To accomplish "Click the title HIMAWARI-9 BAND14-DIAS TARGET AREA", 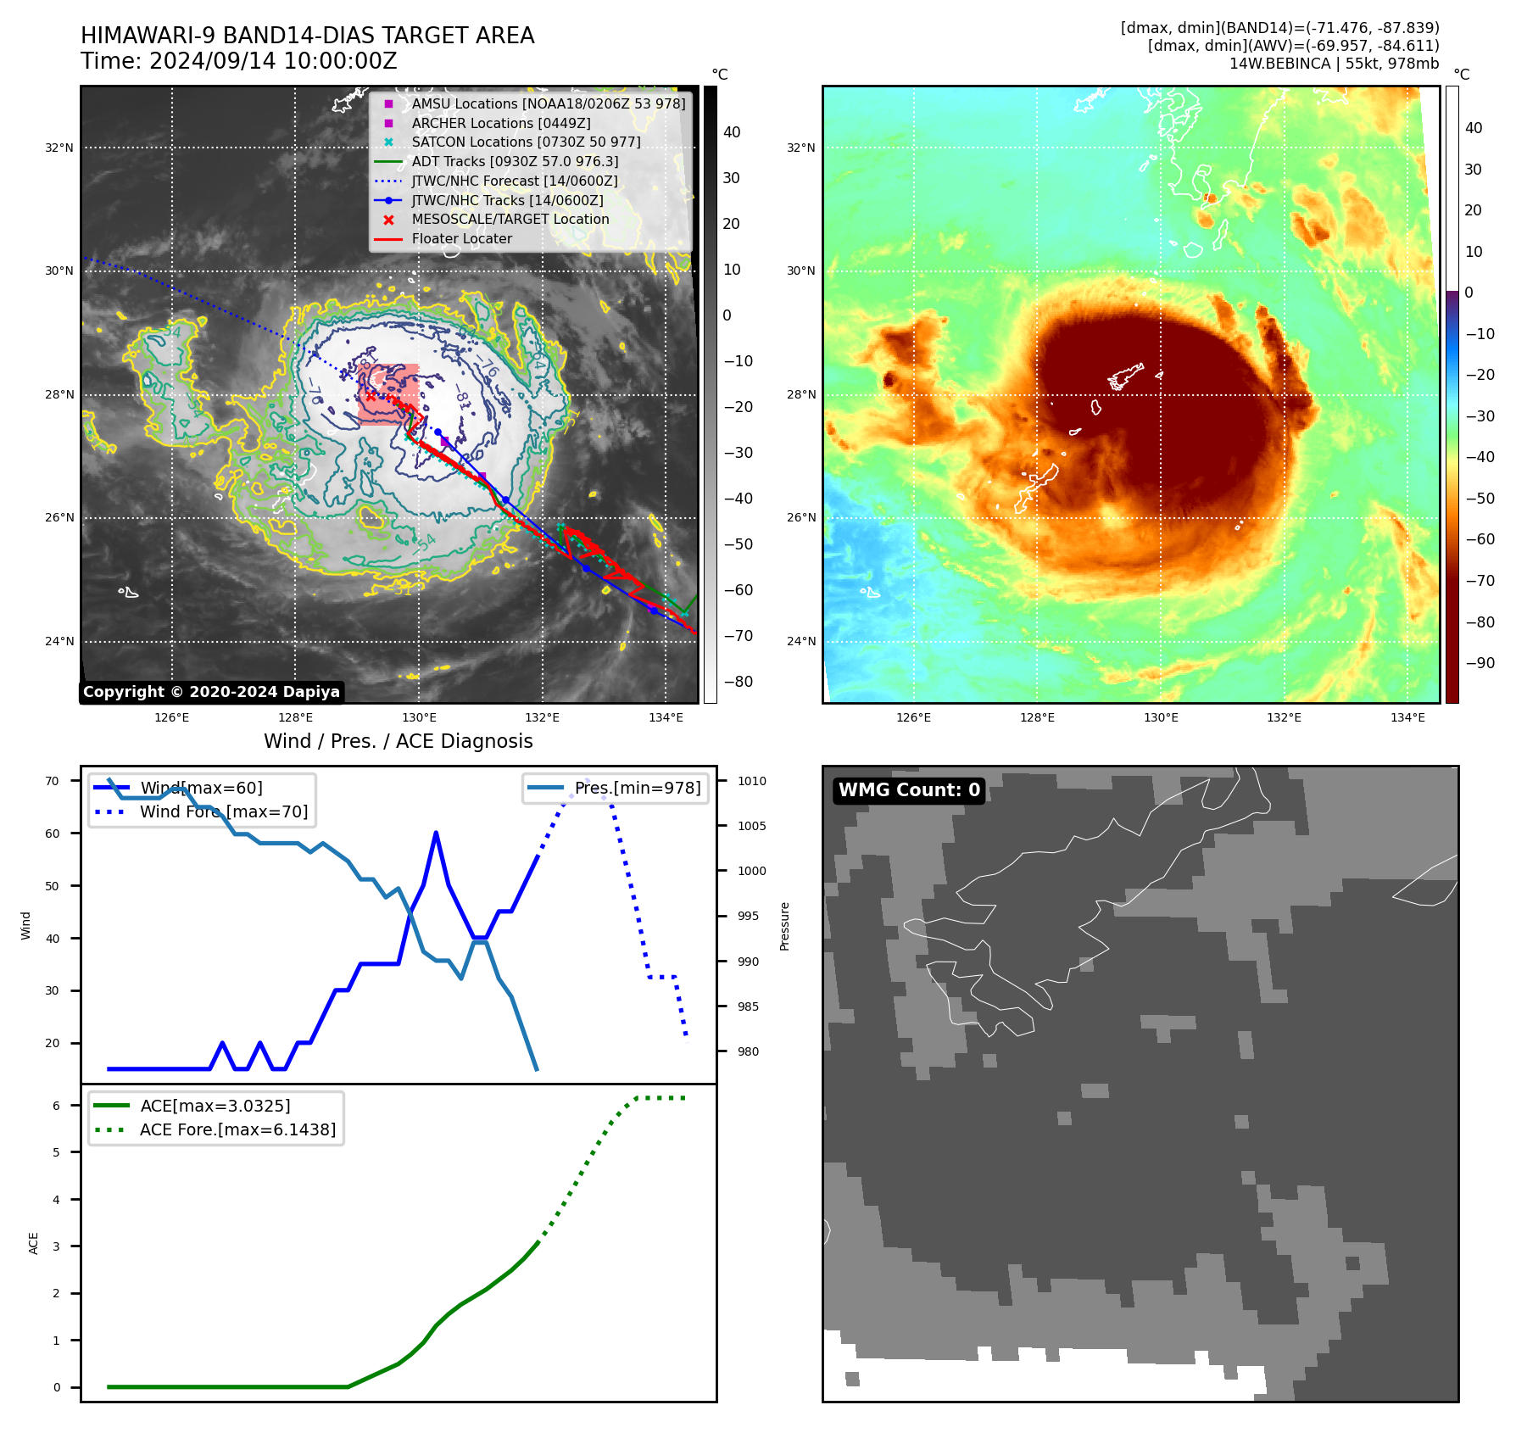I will (307, 36).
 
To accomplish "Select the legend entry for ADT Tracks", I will (515, 161).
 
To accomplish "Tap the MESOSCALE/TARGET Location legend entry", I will (510, 219).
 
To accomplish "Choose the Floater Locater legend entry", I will (461, 238).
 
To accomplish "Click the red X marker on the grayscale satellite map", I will (371, 395).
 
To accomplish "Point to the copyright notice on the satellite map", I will (211, 692).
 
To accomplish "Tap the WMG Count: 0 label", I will (909, 790).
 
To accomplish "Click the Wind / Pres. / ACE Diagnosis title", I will (398, 741).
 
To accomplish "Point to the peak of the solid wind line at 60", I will (436, 834).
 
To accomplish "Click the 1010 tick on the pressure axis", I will (751, 781).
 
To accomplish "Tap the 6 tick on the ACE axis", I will (56, 1106).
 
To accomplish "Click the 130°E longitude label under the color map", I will (1161, 717).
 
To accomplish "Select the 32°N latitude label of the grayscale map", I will (59, 148).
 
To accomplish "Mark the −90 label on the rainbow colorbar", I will (1480, 663).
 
